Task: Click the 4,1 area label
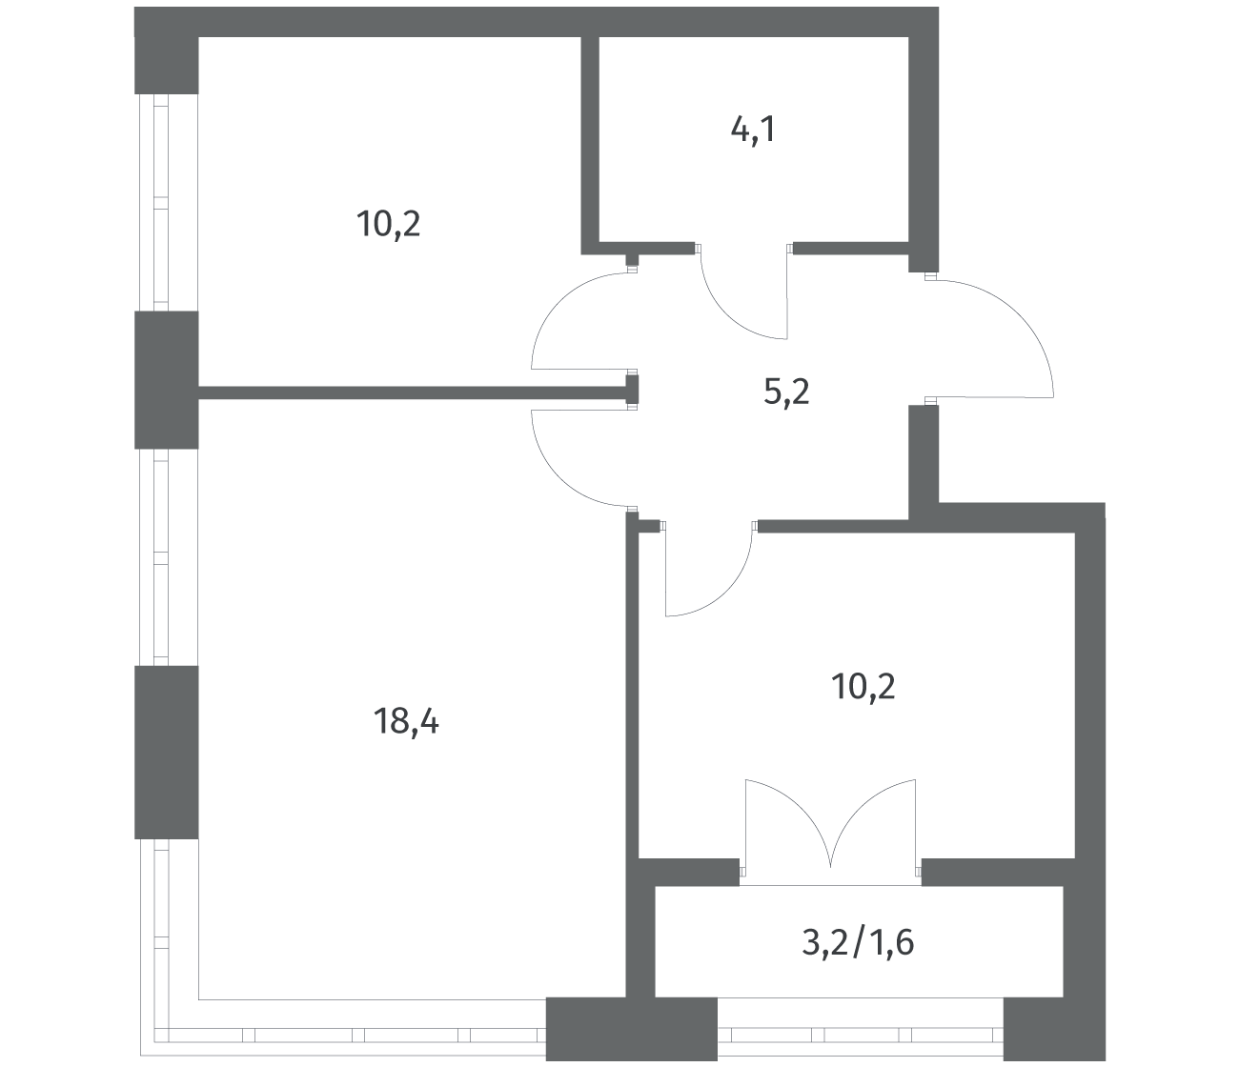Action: tap(753, 131)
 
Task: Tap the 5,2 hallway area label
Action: tap(786, 393)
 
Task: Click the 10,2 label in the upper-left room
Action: tap(389, 224)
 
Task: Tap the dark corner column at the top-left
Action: tap(166, 50)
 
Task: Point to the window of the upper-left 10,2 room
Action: tap(161, 203)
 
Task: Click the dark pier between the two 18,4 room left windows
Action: tap(166, 752)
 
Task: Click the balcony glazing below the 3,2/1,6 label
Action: tap(861, 1035)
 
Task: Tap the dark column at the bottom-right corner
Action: tap(1054, 1029)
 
